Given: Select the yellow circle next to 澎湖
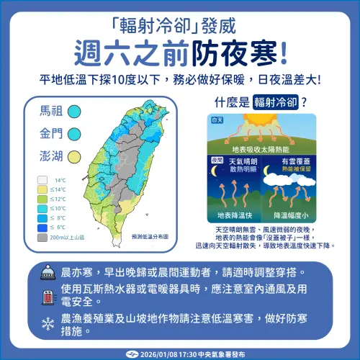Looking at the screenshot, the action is point(74,155).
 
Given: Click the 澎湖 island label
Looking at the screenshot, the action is point(51,155).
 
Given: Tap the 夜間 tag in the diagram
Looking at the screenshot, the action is point(217,159).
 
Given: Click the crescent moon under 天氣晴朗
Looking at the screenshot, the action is point(214,173).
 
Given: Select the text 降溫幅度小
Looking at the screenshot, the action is point(291,215).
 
